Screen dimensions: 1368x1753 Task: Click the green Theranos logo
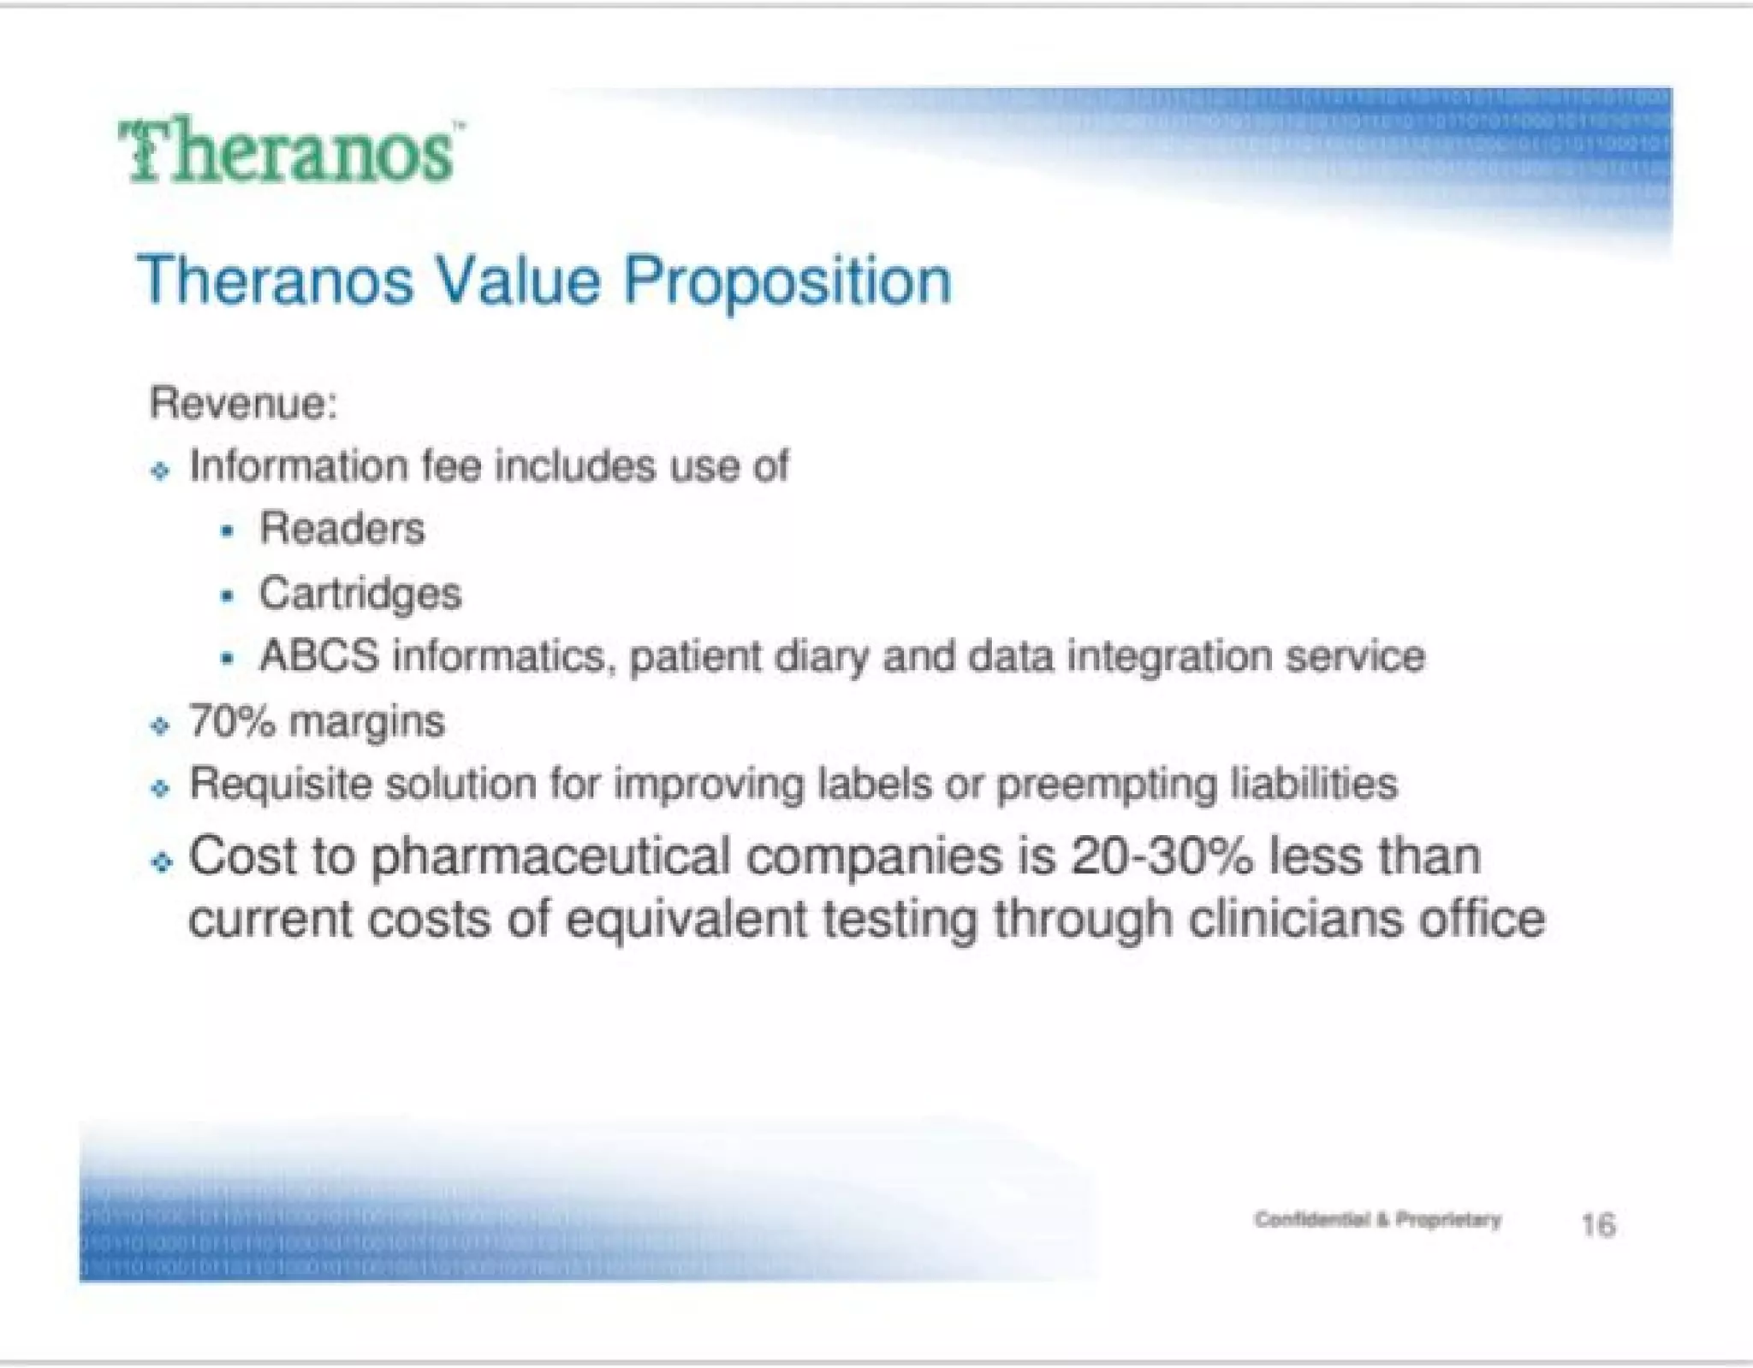point(289,151)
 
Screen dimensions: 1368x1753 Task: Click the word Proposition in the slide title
point(787,281)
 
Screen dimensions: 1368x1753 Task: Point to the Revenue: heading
point(244,402)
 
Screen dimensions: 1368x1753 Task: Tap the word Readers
point(342,528)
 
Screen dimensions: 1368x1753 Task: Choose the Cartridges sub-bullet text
point(360,594)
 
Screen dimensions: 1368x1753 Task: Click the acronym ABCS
point(318,657)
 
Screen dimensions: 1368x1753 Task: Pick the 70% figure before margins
point(232,721)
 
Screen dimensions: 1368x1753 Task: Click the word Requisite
point(280,785)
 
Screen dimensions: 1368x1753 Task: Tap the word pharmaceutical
point(550,858)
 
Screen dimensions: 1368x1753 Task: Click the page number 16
point(1597,1225)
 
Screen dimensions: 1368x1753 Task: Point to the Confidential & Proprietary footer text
point(1377,1219)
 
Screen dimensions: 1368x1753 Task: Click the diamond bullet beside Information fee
point(160,471)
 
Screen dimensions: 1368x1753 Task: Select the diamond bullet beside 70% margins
point(160,726)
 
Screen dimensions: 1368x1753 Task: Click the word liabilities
point(1313,785)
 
